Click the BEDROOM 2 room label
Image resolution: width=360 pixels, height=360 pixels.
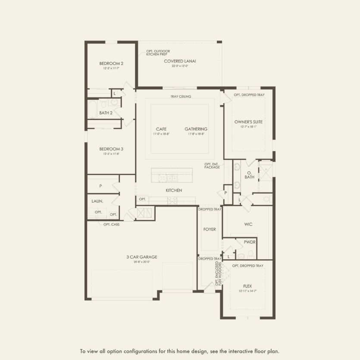(x=111, y=63)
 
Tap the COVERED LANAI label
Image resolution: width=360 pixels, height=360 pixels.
(x=180, y=61)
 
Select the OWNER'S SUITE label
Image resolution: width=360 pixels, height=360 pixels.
(x=248, y=122)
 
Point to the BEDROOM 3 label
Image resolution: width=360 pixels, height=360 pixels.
(x=111, y=149)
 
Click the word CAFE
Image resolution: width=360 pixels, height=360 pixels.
(x=161, y=129)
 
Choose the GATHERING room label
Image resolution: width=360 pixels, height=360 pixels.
(x=196, y=129)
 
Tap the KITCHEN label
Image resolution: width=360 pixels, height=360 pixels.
(x=174, y=190)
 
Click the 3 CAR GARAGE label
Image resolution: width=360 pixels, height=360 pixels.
(x=141, y=257)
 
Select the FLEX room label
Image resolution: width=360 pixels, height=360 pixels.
(x=247, y=286)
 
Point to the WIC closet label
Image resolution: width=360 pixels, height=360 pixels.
(x=248, y=224)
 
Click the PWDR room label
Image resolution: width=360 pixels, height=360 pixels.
(x=250, y=242)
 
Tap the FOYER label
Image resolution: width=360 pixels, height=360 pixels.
(x=210, y=229)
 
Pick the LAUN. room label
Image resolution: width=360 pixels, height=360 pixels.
(x=97, y=201)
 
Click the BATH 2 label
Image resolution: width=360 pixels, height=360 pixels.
(x=106, y=113)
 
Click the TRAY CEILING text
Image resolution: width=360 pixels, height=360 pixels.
(x=181, y=97)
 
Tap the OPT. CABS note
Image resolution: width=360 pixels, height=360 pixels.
(x=111, y=225)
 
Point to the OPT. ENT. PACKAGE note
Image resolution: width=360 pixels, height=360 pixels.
(x=212, y=165)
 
